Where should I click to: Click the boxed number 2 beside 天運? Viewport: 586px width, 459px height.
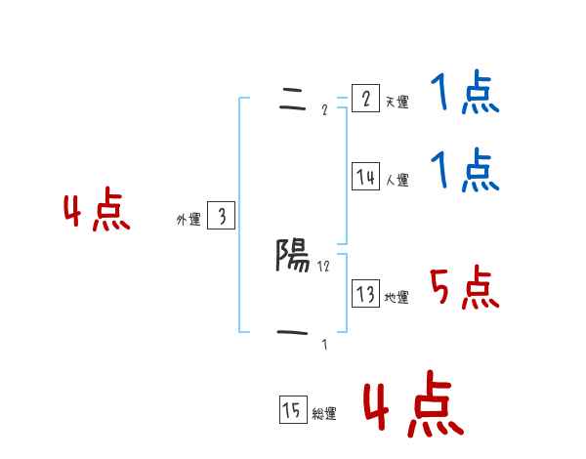[x=365, y=99]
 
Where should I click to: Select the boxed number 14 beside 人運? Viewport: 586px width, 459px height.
[x=365, y=177]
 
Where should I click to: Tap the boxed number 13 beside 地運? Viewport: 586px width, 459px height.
[x=365, y=294]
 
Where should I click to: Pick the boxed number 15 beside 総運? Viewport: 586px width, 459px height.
[x=292, y=411]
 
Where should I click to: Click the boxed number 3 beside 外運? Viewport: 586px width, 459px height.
[x=221, y=217]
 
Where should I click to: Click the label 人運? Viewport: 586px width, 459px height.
[x=397, y=181]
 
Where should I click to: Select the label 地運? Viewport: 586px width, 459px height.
[x=397, y=298]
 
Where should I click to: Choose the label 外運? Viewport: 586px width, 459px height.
[x=188, y=221]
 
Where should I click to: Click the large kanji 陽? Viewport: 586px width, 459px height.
[x=292, y=256]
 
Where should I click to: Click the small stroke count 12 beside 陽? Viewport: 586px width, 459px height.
[x=324, y=266]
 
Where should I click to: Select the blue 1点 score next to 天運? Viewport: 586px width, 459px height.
[x=465, y=95]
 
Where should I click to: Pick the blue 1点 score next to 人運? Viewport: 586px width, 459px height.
[x=465, y=171]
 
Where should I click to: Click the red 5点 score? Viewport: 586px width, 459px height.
[x=465, y=288]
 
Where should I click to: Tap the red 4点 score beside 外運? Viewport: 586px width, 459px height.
[x=97, y=212]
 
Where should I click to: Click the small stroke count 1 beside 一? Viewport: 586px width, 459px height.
[x=324, y=344]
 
